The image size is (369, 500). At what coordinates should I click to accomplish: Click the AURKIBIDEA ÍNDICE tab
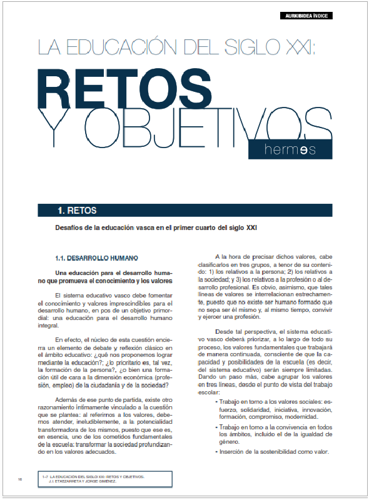(x=306, y=15)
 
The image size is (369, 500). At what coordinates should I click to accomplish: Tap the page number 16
(x=20, y=479)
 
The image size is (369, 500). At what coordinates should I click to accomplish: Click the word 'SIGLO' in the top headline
(x=263, y=46)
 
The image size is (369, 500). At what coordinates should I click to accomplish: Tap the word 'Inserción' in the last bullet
(x=235, y=452)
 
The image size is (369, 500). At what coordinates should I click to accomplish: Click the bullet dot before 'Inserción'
(x=216, y=452)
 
